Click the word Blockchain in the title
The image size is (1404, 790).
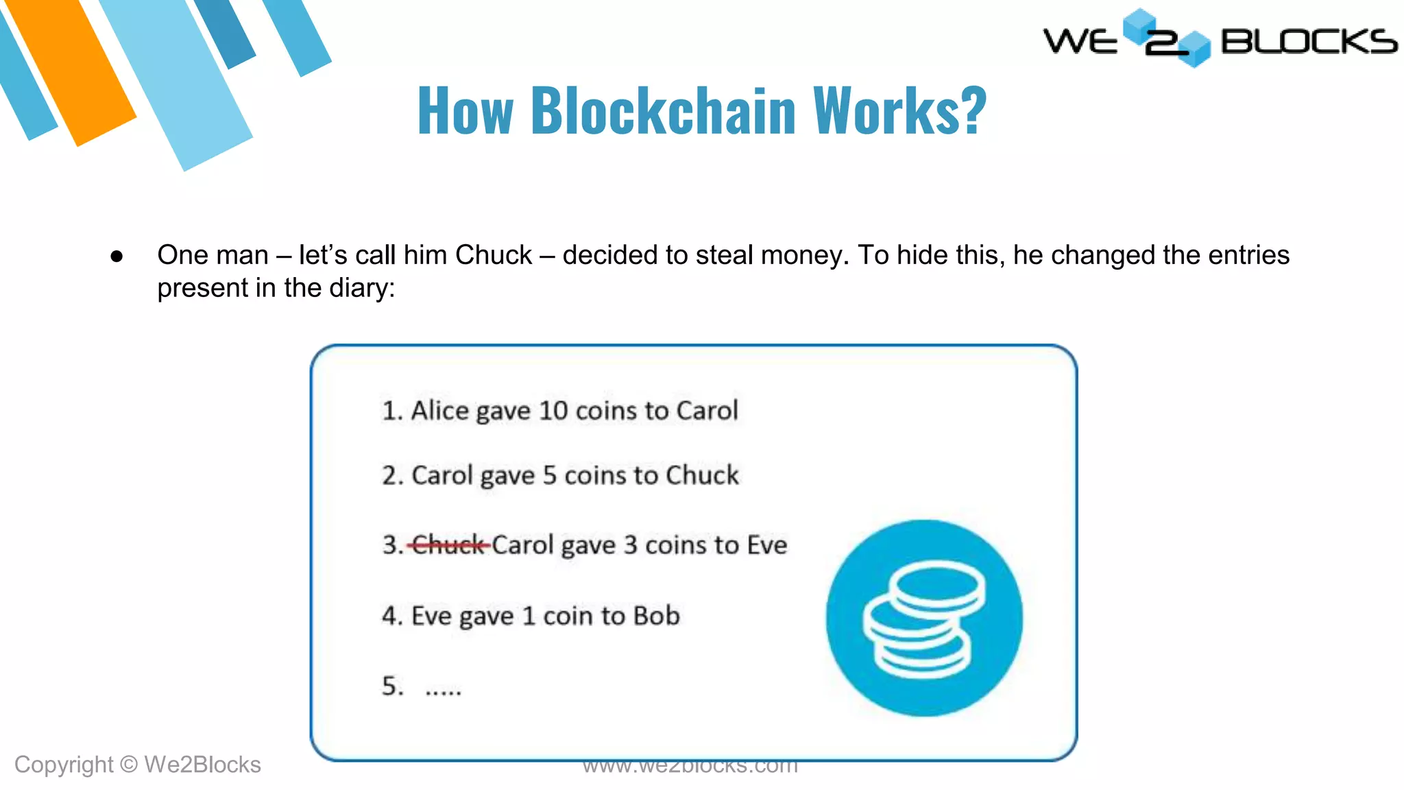(663, 110)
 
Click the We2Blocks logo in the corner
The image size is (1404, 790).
(1220, 39)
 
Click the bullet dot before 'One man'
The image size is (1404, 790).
(117, 256)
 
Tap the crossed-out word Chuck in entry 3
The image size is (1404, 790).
(448, 545)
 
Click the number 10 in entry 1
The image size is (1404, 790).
(553, 411)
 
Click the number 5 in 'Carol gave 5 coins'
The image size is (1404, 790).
(549, 475)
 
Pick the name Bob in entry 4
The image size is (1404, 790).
(656, 616)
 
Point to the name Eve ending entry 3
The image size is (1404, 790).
(766, 545)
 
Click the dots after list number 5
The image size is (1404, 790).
(443, 690)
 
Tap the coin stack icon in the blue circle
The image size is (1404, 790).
(923, 618)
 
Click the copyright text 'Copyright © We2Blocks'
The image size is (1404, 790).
(137, 765)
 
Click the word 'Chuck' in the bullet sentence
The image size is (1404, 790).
(494, 255)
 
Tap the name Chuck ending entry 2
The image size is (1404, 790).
(702, 475)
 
